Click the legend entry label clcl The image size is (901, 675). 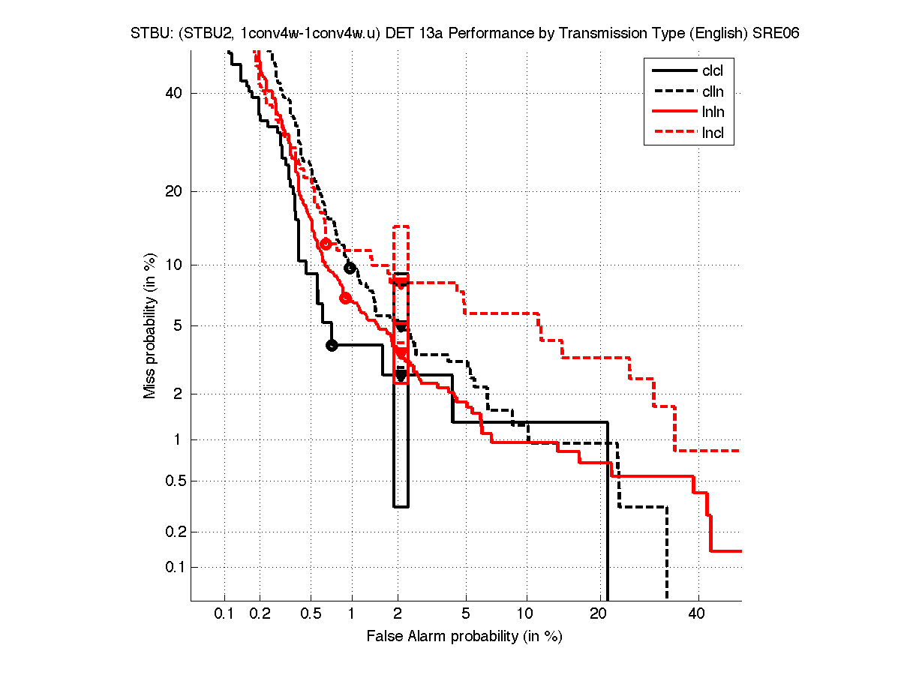coord(713,71)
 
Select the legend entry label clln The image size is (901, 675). coord(713,92)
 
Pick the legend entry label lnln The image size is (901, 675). coord(713,113)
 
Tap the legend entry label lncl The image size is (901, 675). coord(713,134)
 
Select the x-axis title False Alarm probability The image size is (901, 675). coord(464,637)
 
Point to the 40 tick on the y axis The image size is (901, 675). coord(176,93)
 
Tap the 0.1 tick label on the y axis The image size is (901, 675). coord(173,567)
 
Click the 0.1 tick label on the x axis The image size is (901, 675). coord(224,613)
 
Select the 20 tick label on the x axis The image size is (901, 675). coord(598,613)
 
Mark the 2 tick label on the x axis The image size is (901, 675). coord(399,613)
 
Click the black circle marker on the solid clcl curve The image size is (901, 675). coord(332,345)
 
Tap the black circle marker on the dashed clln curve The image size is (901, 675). coord(350,268)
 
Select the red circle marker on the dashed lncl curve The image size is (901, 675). coord(325,244)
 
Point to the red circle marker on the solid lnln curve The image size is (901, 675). coord(346,298)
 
